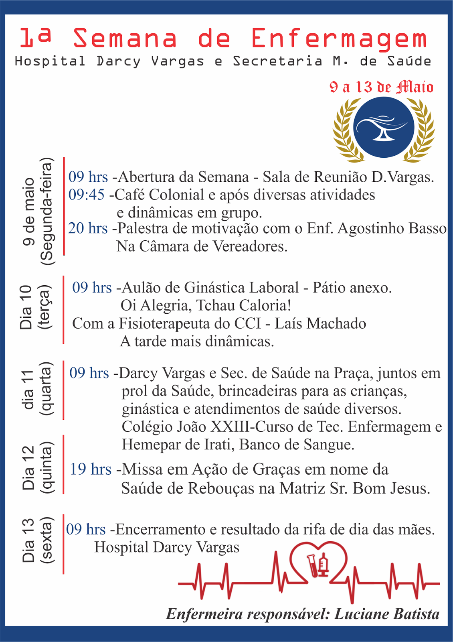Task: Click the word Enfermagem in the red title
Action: [x=339, y=39]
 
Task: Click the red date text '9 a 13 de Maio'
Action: [x=381, y=87]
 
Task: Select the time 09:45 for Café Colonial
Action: [x=86, y=195]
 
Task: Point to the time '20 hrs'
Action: [x=88, y=228]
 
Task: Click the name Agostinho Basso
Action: [x=392, y=228]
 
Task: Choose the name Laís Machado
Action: [x=320, y=323]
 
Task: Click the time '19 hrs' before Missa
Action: [x=91, y=469]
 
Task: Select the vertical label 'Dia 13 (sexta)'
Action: [x=37, y=540]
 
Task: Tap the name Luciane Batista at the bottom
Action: [x=387, y=614]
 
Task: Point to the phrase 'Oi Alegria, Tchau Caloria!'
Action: [x=206, y=306]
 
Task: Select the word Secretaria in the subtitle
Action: [x=277, y=61]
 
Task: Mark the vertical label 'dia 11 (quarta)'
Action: [x=37, y=389]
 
